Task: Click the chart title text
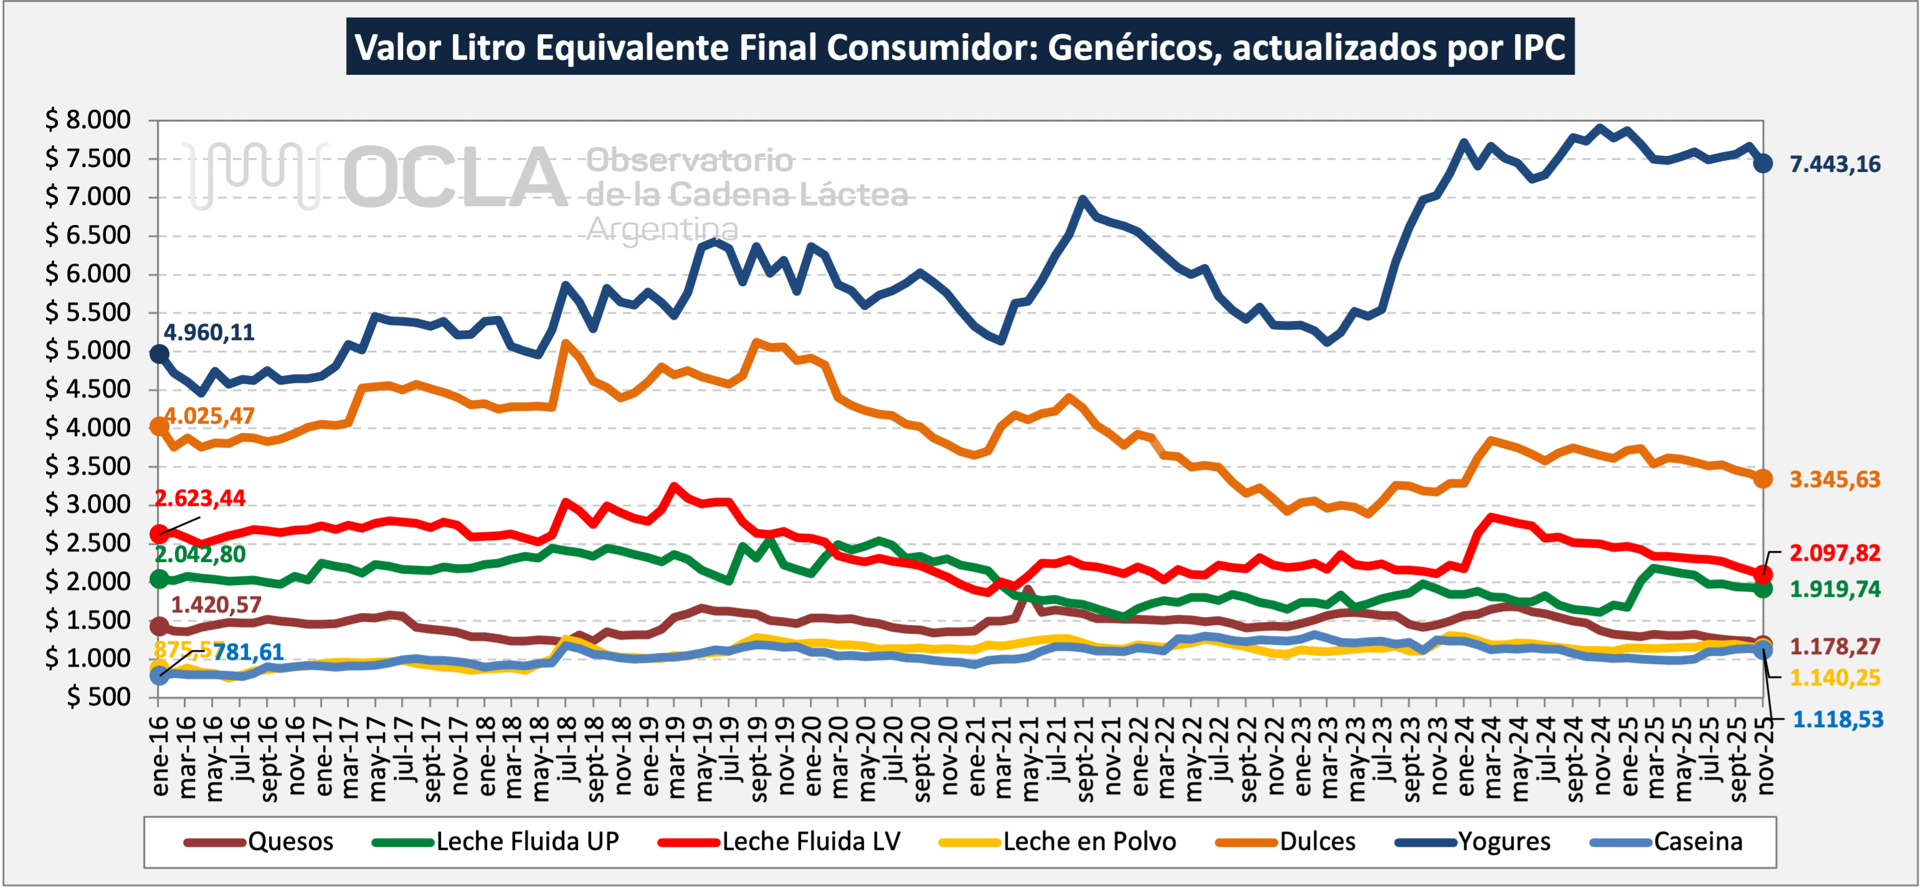point(960,47)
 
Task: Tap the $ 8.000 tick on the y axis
point(88,120)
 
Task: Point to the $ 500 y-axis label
point(98,697)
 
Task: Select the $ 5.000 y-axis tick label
point(88,350)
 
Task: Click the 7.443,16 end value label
point(1834,164)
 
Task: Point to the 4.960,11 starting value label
point(209,332)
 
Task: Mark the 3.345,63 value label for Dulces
point(1834,480)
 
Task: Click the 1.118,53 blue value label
point(1837,720)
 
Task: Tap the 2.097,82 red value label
point(1834,553)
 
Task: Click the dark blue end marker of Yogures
point(1763,164)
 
